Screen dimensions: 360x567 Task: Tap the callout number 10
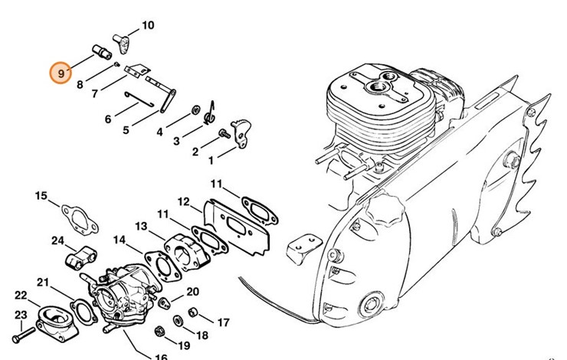148,26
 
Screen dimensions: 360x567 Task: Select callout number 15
41,197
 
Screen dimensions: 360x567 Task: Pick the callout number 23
21,314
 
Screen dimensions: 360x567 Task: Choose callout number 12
184,201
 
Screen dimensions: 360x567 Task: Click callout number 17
224,322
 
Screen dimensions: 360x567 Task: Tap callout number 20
192,292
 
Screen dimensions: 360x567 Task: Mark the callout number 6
108,119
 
